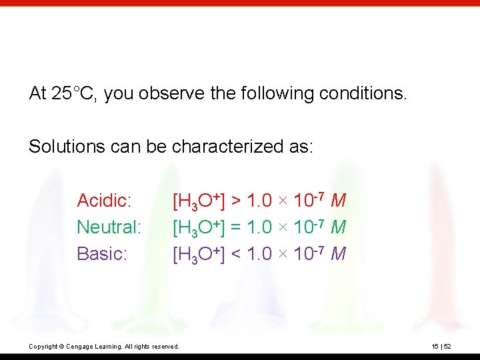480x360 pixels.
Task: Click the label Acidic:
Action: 103,200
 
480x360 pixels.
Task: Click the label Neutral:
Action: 109,227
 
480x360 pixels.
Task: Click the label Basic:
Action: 102,254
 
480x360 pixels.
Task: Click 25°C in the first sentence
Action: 75,93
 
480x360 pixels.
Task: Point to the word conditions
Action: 363,93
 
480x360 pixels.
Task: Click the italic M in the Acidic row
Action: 338,201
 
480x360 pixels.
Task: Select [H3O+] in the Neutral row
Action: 198,228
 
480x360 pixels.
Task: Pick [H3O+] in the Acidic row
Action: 198,201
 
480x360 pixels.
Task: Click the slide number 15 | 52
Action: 440,346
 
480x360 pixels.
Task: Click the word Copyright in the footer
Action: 43,347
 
